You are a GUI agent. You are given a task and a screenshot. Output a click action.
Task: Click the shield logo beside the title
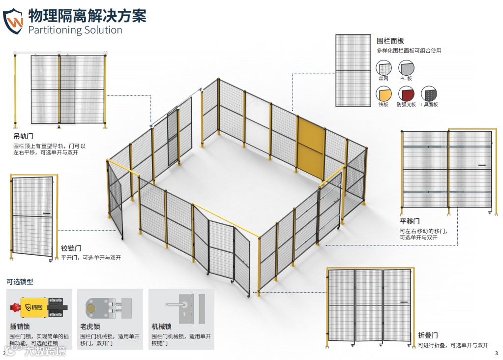pos(13,21)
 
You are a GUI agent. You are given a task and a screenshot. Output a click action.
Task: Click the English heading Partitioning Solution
pos(75,30)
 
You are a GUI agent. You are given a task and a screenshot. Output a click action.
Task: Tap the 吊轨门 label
pos(24,136)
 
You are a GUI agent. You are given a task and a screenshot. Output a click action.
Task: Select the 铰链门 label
pos(71,248)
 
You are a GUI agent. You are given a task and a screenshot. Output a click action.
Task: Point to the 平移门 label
pos(410,221)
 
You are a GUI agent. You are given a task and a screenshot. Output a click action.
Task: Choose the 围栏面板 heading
pos(390,41)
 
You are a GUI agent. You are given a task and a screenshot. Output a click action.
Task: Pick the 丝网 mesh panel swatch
pos(384,68)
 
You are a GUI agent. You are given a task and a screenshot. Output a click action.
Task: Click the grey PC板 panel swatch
pos(406,68)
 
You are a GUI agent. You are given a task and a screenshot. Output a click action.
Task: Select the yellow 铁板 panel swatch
pos(384,93)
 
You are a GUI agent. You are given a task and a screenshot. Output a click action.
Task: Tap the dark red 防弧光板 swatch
pos(406,93)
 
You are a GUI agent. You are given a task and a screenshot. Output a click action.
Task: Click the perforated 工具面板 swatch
pos(428,93)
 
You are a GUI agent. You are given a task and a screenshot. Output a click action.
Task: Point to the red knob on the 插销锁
pos(14,307)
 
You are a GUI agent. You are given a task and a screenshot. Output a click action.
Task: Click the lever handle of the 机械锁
pos(174,305)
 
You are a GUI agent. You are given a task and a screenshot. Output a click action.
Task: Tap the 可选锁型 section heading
pos(20,282)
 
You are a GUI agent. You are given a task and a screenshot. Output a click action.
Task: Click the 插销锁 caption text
pos(20,326)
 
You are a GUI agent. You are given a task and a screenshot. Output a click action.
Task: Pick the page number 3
pos(497,353)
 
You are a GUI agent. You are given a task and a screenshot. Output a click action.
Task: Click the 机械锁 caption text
pos(161,326)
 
